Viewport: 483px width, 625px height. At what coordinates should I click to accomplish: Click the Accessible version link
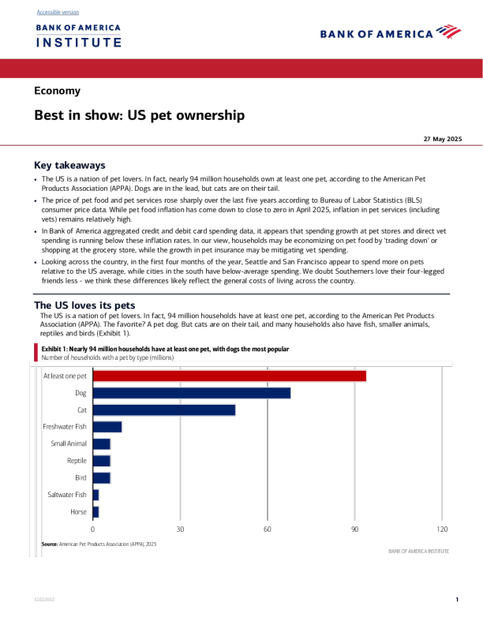(x=58, y=13)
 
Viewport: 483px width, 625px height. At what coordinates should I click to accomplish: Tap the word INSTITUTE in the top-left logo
(x=78, y=43)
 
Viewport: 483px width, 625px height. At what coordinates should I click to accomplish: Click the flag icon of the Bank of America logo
(x=448, y=32)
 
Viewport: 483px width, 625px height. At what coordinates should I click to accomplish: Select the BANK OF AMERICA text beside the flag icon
(x=376, y=34)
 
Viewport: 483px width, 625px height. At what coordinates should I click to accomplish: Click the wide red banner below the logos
(x=241, y=69)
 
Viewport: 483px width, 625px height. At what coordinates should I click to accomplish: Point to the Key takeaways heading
(x=69, y=166)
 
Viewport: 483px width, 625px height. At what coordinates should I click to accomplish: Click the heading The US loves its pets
(x=84, y=305)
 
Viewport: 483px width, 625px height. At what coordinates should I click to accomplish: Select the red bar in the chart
(x=230, y=376)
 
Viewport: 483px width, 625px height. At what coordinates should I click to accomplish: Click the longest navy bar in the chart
(x=192, y=393)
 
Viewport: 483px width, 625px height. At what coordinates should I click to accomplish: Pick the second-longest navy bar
(x=164, y=410)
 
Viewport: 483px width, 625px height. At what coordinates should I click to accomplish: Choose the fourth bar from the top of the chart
(x=107, y=427)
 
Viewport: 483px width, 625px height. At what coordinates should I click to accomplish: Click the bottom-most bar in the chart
(x=96, y=512)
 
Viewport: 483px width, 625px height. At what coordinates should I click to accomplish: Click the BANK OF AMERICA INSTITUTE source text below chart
(x=418, y=551)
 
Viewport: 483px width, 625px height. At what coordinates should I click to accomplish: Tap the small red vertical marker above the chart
(x=36, y=351)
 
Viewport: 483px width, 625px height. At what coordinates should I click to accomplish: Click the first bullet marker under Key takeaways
(x=36, y=180)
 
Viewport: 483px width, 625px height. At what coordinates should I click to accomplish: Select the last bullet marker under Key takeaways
(x=36, y=262)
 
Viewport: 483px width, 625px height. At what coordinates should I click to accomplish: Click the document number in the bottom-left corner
(x=44, y=600)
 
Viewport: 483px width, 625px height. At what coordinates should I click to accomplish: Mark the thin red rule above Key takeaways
(x=241, y=145)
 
